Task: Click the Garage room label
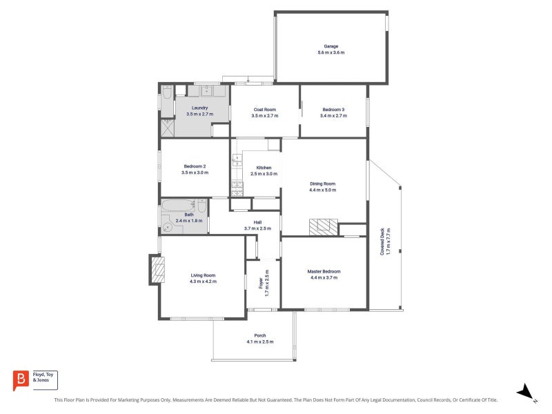pos(331,46)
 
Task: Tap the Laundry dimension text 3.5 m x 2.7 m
pos(199,114)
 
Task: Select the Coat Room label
pos(265,110)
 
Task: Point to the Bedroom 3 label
pos(333,110)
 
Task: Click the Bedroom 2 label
pos(195,166)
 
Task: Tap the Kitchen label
pos(264,168)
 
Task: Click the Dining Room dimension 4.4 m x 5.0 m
pos(322,190)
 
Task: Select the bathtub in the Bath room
pos(178,205)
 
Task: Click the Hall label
pos(257,222)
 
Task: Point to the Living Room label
pos(203,275)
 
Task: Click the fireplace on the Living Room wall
pos(157,270)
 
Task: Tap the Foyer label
pos(261,283)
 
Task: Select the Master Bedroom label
pos(324,271)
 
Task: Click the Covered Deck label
pos(382,241)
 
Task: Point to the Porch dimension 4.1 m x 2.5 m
pos(260,342)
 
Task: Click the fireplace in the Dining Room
pos(324,227)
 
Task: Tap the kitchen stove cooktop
pos(237,189)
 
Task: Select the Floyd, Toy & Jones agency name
pos(43,377)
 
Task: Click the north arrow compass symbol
pos(526,391)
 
